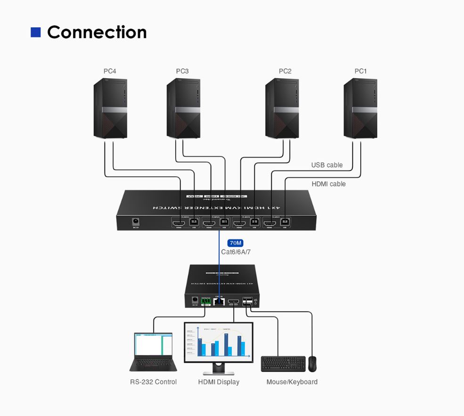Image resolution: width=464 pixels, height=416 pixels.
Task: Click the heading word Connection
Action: coord(97,32)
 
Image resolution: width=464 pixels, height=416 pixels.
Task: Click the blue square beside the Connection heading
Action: coord(35,32)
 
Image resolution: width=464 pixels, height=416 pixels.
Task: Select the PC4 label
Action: coord(110,71)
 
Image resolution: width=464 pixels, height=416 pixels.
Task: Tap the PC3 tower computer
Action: coord(184,108)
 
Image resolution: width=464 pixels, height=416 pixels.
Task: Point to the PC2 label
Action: coord(285,71)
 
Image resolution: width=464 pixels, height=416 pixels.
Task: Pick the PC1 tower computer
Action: coord(360,108)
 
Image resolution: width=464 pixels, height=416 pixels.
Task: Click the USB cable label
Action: coord(327,165)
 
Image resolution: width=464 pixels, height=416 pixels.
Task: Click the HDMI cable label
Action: coord(328,184)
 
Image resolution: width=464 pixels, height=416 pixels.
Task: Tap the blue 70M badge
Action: coord(235,243)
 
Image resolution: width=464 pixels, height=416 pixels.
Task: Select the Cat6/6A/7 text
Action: coord(236,252)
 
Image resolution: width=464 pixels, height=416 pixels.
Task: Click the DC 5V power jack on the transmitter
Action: coord(137,220)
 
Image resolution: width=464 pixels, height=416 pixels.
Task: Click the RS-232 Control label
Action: coord(153,382)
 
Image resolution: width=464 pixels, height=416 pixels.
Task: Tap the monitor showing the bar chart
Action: coord(218,344)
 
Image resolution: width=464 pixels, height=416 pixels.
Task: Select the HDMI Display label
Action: coord(219,382)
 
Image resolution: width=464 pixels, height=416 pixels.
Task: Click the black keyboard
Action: coord(283,364)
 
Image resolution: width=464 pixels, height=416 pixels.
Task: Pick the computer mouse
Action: coord(312,364)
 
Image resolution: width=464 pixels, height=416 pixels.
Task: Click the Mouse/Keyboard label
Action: coord(292,382)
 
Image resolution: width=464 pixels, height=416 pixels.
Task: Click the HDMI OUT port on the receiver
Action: coord(233,301)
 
